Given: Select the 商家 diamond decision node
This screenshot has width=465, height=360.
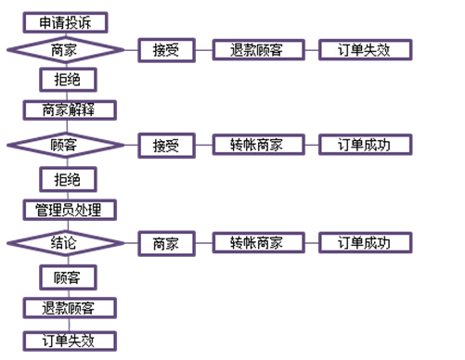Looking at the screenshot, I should coord(65,50).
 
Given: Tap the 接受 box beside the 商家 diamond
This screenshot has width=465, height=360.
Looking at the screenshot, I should coord(166,50).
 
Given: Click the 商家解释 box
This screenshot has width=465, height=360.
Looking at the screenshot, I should coord(71,110).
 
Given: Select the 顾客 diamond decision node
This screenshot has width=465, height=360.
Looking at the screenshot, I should coord(65,145).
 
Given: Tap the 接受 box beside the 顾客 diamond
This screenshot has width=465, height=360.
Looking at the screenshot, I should coord(166,145).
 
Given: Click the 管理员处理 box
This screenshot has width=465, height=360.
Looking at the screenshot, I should coord(71,209).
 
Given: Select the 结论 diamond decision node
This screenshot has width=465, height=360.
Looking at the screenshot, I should coord(65,243).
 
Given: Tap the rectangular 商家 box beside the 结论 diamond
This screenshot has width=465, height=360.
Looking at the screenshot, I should coord(166,243).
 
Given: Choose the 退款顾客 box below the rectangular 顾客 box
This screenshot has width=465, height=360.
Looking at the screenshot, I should coord(71,308).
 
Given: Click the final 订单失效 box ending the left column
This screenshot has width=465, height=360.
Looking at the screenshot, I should coord(71,340).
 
